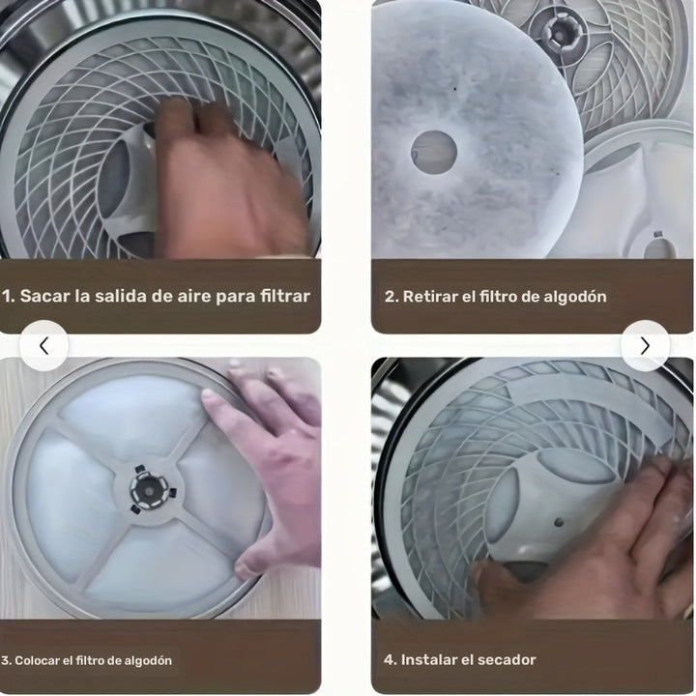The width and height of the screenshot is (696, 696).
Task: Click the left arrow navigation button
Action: tap(43, 345)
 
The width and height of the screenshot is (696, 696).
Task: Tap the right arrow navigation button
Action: tap(645, 345)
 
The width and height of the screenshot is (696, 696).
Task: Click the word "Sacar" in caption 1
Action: tap(44, 296)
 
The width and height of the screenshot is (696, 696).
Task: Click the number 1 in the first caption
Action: tap(7, 296)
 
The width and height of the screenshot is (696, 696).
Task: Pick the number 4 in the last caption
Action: tap(390, 660)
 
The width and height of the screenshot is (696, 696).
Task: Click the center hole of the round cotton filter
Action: tap(434, 152)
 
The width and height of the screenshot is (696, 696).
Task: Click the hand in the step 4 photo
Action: tap(599, 551)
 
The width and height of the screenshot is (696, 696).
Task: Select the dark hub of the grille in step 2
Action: tap(561, 32)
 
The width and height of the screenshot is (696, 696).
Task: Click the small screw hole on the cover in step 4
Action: tap(558, 522)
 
